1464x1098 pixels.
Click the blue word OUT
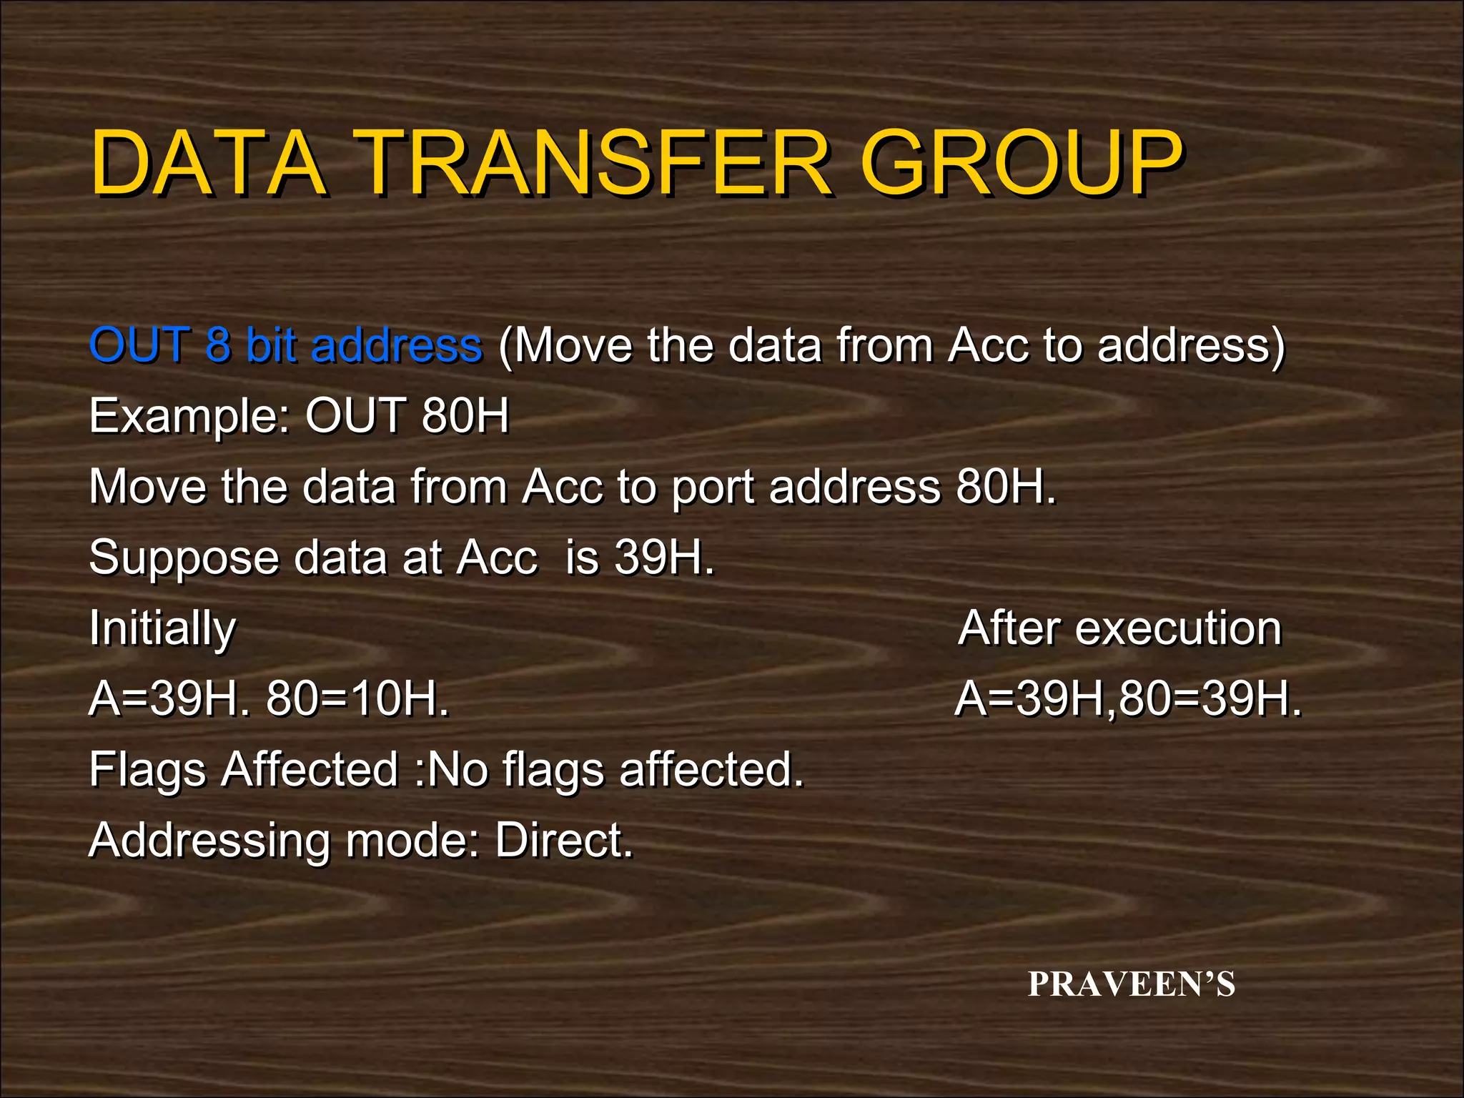point(140,345)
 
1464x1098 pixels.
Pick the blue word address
point(397,345)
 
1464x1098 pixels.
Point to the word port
point(712,488)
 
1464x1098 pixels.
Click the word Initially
point(162,629)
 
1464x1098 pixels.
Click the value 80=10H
point(357,698)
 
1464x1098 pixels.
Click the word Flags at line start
point(147,770)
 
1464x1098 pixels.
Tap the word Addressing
point(209,841)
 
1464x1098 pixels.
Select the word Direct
point(564,840)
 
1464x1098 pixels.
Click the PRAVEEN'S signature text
point(1132,984)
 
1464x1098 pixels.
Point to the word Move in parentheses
point(573,345)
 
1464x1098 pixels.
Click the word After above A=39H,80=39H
point(1009,628)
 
